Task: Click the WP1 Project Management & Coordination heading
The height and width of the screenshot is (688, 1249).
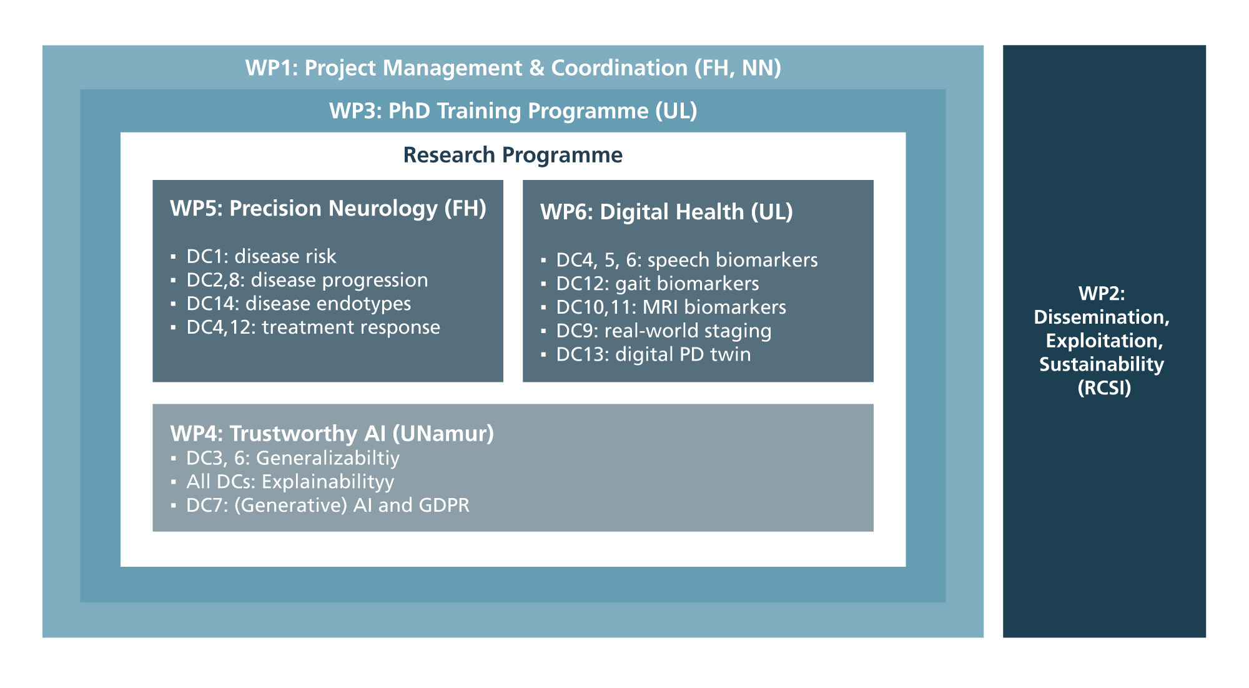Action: [513, 68]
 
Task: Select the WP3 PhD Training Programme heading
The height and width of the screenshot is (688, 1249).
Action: [513, 111]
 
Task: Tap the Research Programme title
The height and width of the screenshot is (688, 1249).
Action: [513, 155]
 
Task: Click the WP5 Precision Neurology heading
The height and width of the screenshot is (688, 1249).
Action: [328, 209]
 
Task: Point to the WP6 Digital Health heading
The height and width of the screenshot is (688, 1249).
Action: [666, 212]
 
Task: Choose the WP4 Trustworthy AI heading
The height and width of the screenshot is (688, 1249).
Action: [332, 433]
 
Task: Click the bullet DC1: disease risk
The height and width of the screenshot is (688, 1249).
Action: [261, 256]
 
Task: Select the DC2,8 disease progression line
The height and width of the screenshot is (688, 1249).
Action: [307, 280]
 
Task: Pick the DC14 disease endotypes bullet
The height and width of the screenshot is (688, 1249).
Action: [299, 304]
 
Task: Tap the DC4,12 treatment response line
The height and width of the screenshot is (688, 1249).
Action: [313, 327]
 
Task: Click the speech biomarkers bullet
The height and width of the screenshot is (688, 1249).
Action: [687, 260]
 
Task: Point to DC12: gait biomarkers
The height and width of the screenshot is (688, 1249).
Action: [658, 284]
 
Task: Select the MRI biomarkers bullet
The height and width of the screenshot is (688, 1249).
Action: [671, 307]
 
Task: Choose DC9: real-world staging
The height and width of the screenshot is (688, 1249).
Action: [664, 331]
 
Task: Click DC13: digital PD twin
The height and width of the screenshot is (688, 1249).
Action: [653, 354]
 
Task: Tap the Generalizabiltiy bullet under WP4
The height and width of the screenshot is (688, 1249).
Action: [293, 458]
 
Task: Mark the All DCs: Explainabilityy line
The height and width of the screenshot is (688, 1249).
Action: [290, 482]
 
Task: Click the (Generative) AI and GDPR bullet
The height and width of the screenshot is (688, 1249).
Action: [328, 505]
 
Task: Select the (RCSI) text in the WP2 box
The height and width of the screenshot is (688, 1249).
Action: [1104, 388]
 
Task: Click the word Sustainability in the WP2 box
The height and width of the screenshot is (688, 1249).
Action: [1102, 364]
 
